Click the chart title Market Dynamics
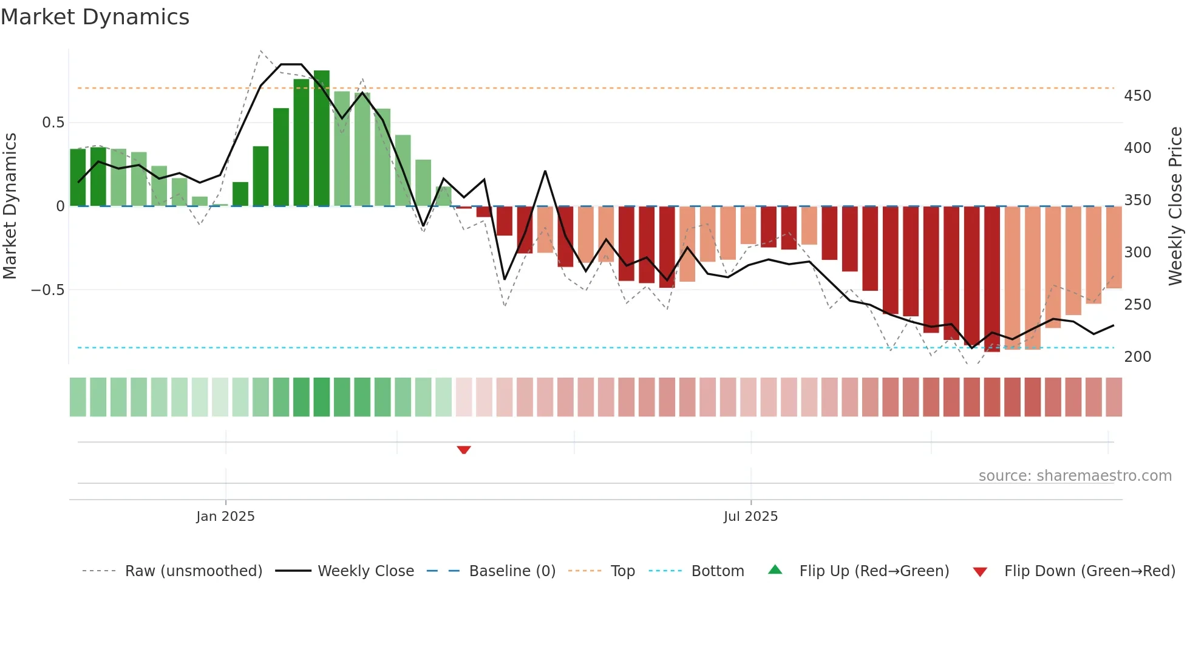[95, 17]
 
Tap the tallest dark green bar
[322, 138]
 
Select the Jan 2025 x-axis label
[225, 517]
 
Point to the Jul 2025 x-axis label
[750, 517]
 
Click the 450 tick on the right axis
[1137, 96]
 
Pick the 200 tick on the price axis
[1137, 357]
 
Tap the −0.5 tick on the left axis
[47, 290]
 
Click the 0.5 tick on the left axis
[53, 123]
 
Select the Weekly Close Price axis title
[1176, 206]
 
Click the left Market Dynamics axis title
[10, 206]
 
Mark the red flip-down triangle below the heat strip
[464, 450]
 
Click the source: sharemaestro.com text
[1075, 476]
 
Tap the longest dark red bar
[992, 279]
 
